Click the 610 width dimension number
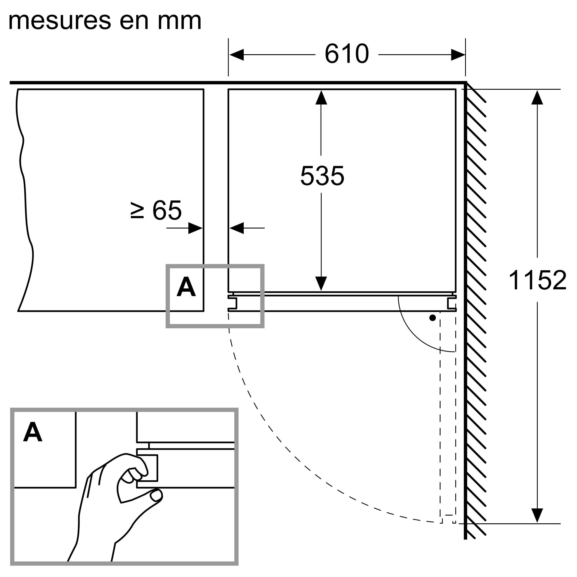pos(346,54)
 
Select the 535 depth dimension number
pos(322,176)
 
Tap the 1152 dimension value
pos(537,280)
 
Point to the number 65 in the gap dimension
pos(167,210)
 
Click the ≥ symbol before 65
pos(137,210)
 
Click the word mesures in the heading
pos(60,21)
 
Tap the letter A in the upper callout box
pos(186,287)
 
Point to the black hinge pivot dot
pos(432,318)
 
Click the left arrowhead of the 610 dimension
pos(237,55)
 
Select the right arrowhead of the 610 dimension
pos(458,55)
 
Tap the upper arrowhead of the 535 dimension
pos(321,98)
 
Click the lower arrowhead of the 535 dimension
pos(321,283)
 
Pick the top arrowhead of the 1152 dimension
pos(537,98)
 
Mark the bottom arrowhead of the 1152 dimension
pos(537,515)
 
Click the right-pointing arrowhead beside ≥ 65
pos(195,228)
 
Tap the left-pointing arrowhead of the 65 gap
pos(237,228)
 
